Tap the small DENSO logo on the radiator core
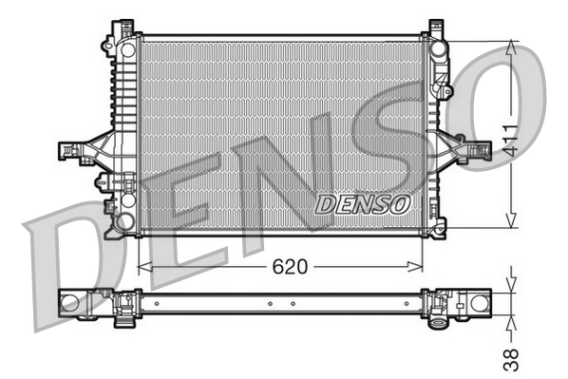[362, 203]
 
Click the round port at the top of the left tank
[127, 49]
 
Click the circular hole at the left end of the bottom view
[69, 303]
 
